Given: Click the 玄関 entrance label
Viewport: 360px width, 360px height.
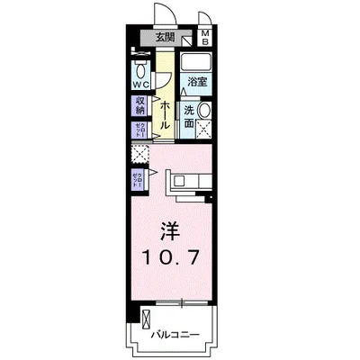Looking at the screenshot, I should tap(164, 38).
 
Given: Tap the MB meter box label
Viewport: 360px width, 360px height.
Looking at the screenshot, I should tap(205, 37).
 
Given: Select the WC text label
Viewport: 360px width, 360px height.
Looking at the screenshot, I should tap(142, 85).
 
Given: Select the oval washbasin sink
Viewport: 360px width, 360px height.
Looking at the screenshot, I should tap(205, 111).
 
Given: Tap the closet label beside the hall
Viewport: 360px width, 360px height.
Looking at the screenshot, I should tap(140, 129).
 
